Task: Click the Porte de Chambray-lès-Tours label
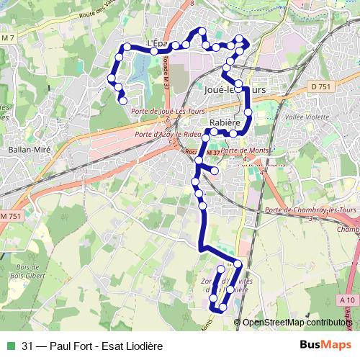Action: click(x=311, y=210)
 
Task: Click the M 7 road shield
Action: click(x=8, y=37)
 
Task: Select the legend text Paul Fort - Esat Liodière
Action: click(x=91, y=345)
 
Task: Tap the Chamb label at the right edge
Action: click(x=348, y=230)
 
